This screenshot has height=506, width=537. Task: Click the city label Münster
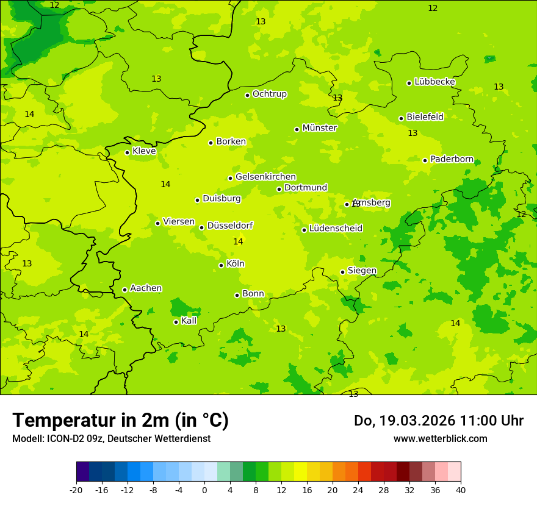point(319,128)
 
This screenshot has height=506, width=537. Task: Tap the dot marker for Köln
point(221,265)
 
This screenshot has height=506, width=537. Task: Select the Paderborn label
point(452,159)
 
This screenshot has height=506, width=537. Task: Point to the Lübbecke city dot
point(409,83)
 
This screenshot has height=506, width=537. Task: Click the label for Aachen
point(146,288)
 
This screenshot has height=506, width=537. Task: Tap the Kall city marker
point(176,322)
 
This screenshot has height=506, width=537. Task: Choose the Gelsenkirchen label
point(265,177)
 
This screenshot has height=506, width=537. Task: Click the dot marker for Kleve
point(127,152)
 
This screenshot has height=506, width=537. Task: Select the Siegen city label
point(362,271)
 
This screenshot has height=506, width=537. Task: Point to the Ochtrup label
point(269,94)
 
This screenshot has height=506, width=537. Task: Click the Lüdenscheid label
point(336,229)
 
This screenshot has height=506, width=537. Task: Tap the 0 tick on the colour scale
point(204,490)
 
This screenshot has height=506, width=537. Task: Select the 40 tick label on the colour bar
point(460,490)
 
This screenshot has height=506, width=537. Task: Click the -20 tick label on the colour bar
point(76,490)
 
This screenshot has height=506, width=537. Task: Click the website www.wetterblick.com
point(440,438)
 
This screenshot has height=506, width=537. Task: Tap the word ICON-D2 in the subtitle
point(63,438)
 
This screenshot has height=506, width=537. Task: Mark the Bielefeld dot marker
point(401,118)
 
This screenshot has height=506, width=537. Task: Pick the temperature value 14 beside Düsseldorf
point(238,242)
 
